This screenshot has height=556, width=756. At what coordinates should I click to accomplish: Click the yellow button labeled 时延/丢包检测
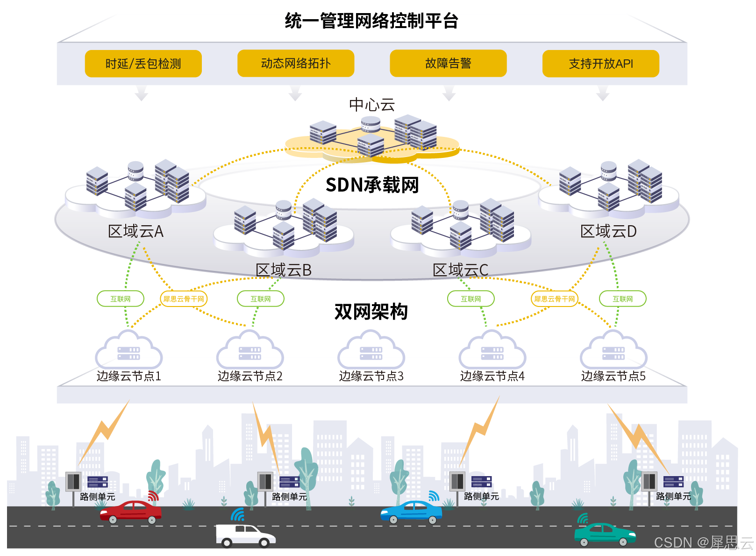(143, 64)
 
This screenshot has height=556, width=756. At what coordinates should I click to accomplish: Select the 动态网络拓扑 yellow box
(295, 63)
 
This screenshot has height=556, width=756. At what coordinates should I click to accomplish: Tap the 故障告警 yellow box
(448, 63)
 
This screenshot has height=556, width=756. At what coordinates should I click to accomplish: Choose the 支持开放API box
(600, 64)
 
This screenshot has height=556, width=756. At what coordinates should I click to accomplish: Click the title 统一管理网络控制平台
(371, 21)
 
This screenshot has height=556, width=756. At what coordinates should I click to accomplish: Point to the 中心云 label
(372, 105)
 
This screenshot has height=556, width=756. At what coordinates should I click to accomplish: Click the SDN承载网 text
(372, 185)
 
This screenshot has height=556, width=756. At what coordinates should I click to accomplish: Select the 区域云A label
(136, 231)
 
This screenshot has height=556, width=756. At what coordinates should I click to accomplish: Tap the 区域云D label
(608, 231)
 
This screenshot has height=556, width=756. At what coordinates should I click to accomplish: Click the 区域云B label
(283, 270)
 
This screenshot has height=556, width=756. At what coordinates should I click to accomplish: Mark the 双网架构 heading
(371, 312)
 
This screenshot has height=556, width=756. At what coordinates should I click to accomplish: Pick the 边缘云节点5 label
(613, 376)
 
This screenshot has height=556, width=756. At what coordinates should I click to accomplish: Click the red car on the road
(131, 512)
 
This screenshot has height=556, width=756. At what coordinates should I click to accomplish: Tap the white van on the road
(245, 535)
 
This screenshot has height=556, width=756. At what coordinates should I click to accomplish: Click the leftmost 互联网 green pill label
(121, 299)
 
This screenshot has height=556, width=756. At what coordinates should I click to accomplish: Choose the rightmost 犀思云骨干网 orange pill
(554, 299)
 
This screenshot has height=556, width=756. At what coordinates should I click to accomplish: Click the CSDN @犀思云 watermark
(703, 542)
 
